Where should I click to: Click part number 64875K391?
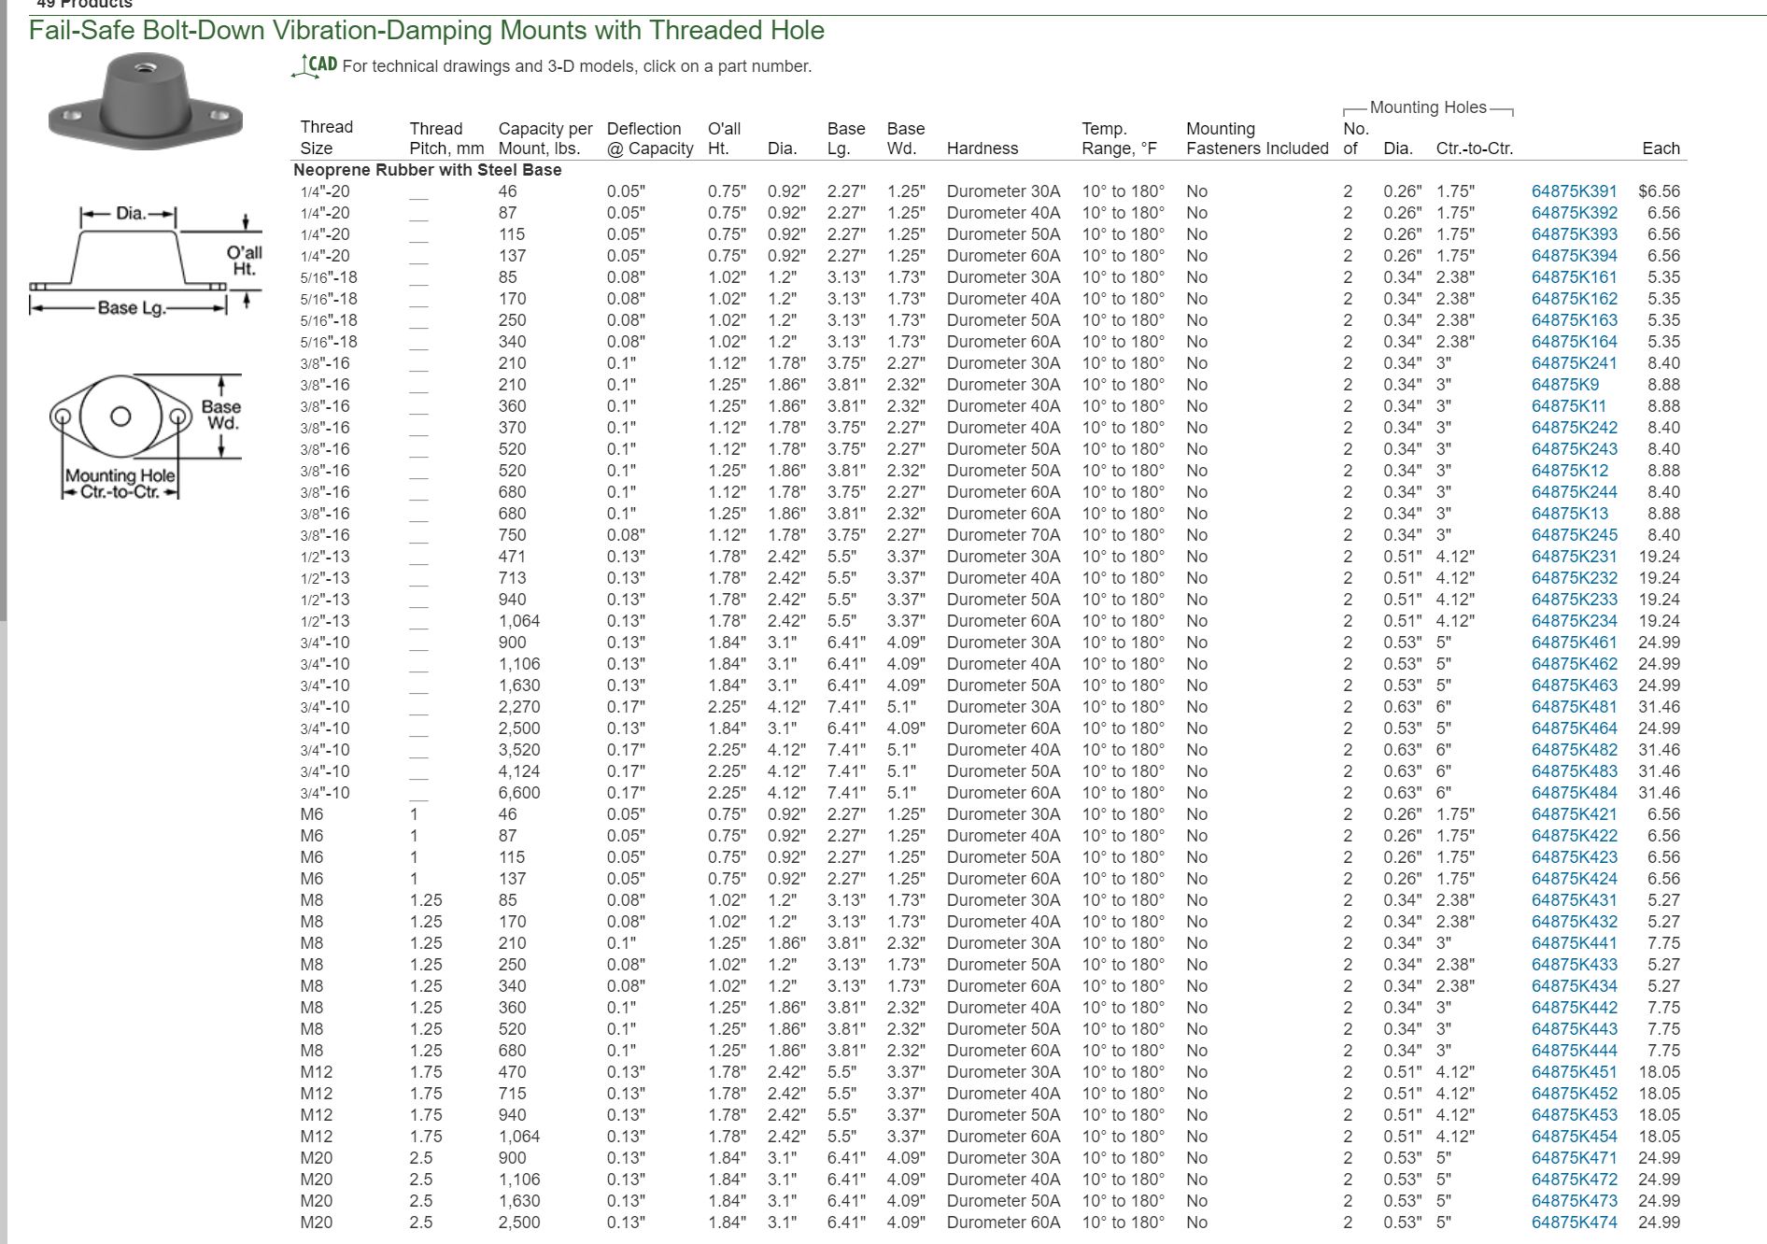click(x=1574, y=191)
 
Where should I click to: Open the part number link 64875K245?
click(x=1574, y=535)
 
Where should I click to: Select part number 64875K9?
click(x=1564, y=385)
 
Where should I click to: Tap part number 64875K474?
click(x=1574, y=1223)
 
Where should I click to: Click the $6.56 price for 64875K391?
click(x=1659, y=191)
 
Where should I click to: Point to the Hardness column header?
click(x=982, y=148)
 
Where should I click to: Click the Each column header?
click(x=1661, y=148)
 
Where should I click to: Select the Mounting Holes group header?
click(x=1427, y=107)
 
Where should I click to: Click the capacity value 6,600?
click(x=518, y=793)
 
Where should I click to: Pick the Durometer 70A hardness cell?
click(x=1003, y=535)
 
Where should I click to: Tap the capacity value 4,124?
click(x=518, y=771)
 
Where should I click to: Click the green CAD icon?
click(x=315, y=64)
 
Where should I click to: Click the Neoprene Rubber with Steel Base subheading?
click(x=427, y=170)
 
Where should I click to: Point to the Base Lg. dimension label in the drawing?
click(x=131, y=307)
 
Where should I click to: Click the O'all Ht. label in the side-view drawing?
click(x=244, y=261)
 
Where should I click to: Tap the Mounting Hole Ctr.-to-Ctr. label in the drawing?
click(x=120, y=483)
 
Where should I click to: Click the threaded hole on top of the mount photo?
click(x=144, y=67)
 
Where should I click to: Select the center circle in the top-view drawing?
click(x=120, y=417)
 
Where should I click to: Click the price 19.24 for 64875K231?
click(x=1659, y=557)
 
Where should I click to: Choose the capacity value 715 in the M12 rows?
click(x=512, y=1094)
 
